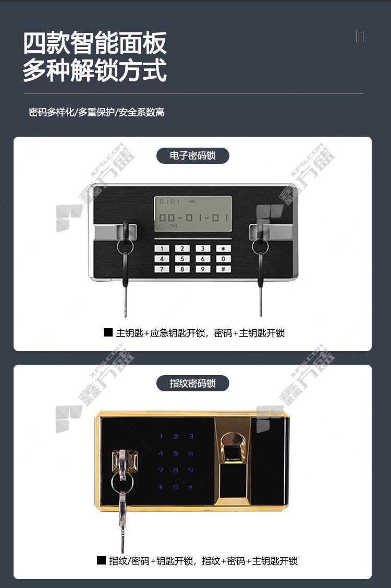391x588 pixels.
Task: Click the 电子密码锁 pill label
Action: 193,155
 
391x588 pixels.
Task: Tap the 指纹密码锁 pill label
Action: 193,383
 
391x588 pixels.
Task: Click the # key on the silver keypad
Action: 224,269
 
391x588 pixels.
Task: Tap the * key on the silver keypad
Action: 224,249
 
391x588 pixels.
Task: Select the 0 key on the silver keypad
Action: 224,259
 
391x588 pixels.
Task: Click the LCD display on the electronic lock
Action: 193,213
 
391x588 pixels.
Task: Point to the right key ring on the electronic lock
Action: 260,247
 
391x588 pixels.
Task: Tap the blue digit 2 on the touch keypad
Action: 176,437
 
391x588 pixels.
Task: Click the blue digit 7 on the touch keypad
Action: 161,470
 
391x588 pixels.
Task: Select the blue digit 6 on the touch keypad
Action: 190,453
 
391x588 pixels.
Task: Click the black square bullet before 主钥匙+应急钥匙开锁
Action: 108,332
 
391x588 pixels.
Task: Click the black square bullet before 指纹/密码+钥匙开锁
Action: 101,560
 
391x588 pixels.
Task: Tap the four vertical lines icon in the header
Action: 360,37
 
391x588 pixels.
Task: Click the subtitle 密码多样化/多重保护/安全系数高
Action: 96,112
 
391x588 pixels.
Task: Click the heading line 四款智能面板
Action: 95,43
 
